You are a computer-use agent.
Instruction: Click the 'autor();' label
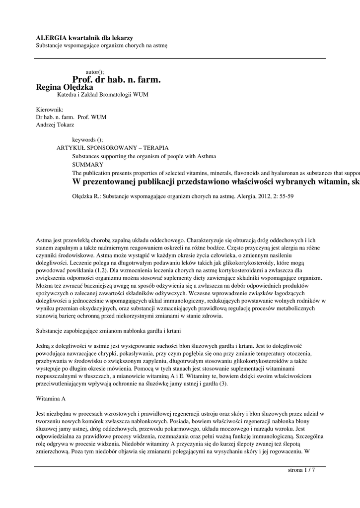click(x=95, y=72)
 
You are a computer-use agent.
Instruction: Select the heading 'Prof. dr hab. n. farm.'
click(x=117, y=79)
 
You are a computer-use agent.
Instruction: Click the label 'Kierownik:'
click(x=50, y=110)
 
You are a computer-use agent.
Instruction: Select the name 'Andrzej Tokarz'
click(x=55, y=125)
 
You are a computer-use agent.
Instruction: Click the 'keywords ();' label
click(x=87, y=140)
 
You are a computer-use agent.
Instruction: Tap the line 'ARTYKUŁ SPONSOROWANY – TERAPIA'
click(x=113, y=148)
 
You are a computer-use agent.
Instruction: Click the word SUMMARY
click(x=88, y=164)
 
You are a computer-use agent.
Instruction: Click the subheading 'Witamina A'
click(x=51, y=398)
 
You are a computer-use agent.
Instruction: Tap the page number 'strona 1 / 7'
click(x=301, y=470)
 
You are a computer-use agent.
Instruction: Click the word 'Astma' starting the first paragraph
click(x=45, y=240)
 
